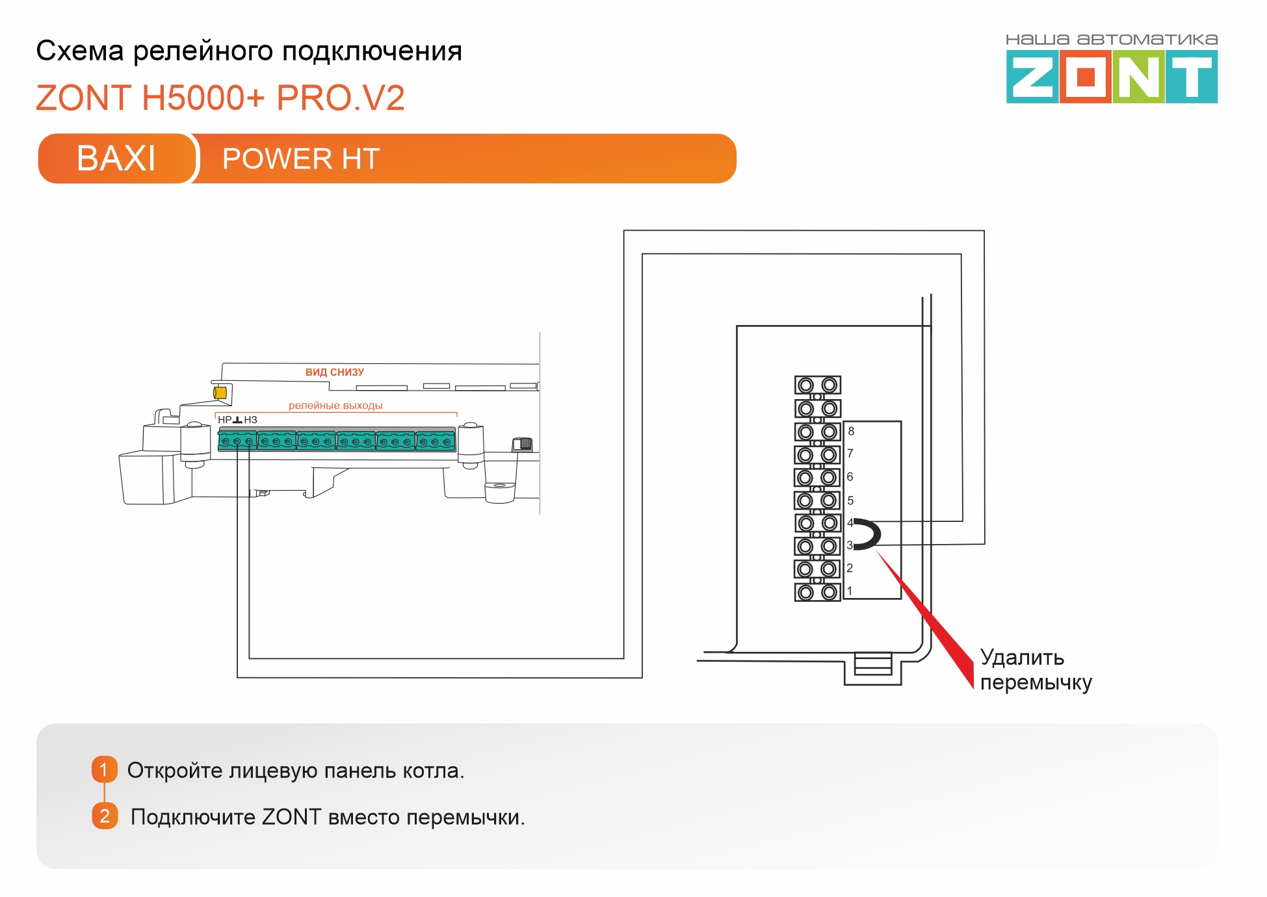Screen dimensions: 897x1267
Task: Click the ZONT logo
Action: tap(1111, 77)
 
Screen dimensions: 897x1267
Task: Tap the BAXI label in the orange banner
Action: tap(116, 158)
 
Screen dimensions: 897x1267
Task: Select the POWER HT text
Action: tap(300, 159)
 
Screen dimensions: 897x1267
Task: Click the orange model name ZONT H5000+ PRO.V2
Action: tap(220, 98)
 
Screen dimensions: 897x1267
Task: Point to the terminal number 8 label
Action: tap(851, 432)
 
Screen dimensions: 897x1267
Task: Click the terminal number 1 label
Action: tap(849, 591)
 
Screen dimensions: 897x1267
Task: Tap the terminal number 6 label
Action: tap(850, 477)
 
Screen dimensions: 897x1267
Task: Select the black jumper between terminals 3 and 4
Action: tap(870, 534)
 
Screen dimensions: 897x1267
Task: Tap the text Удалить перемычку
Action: tap(1035, 669)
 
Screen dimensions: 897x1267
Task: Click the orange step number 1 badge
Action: tap(104, 770)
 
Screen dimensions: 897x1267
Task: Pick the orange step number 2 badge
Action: tap(105, 816)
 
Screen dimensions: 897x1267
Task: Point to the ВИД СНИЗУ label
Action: tap(334, 372)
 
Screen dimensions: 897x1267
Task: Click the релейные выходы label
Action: tap(335, 406)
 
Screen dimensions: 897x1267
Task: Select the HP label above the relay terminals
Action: tap(224, 420)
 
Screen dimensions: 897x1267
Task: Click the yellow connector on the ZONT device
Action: tap(220, 393)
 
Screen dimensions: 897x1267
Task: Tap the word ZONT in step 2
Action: tap(291, 817)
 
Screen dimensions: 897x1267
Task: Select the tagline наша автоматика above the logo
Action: tap(1111, 40)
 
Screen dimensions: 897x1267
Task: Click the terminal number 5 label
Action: tap(850, 500)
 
